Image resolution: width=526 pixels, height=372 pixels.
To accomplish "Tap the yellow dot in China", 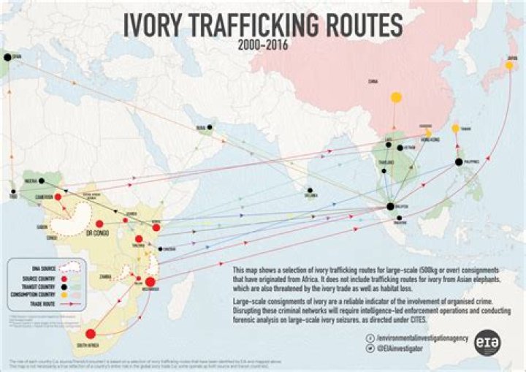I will tap(396, 96).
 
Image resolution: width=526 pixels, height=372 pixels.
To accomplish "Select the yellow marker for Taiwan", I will tap(455, 129).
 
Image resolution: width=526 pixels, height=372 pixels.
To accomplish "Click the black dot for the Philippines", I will tap(459, 162).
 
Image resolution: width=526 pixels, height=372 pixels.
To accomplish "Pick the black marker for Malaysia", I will tap(391, 207).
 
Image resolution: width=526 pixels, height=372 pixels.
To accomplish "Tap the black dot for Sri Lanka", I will tap(310, 192).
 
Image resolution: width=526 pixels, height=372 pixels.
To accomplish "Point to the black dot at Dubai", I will tap(210, 127).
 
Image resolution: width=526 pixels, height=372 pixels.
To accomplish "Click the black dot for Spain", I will tap(8, 56).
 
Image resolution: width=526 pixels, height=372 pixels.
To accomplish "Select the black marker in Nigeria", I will tap(42, 181).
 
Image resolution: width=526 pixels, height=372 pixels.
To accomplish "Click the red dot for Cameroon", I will tap(57, 197).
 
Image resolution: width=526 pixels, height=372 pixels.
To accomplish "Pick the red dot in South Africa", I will tap(91, 334).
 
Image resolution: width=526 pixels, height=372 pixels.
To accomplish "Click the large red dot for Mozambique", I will tap(150, 282).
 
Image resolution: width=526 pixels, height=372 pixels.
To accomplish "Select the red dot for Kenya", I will tap(156, 227).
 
